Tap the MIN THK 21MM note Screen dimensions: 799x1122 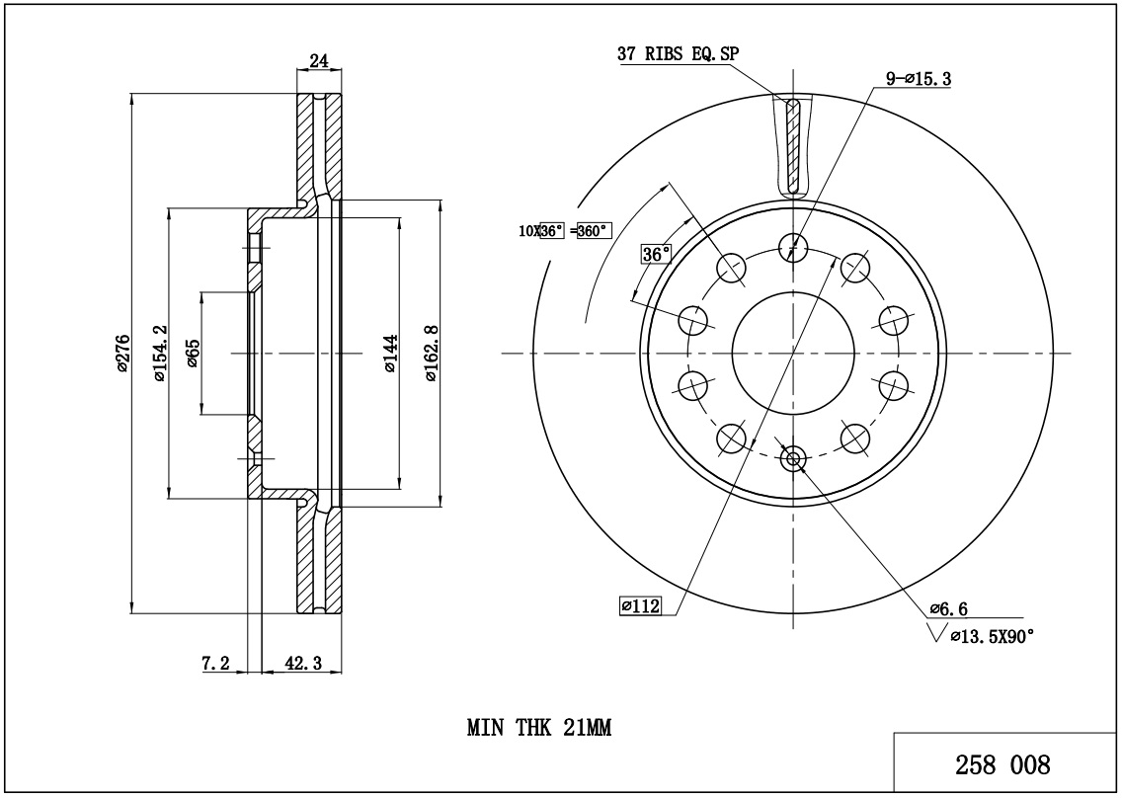[539, 729]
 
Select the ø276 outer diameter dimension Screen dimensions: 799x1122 [121, 354]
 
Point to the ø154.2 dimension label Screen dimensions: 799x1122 [157, 354]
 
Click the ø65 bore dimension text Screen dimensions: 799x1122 [193, 353]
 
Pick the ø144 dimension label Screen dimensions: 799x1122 [390, 354]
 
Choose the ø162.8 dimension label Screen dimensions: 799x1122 [431, 354]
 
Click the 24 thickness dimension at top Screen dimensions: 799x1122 [319, 61]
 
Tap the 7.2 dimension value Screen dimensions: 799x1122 [215, 665]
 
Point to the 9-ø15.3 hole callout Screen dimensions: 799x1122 [919, 79]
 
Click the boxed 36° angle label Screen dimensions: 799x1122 [656, 254]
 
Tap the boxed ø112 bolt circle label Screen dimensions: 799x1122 [639, 605]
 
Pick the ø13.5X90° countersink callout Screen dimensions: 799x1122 [991, 637]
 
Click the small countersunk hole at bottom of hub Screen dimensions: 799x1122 [793, 457]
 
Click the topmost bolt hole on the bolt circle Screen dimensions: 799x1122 [793, 247]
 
